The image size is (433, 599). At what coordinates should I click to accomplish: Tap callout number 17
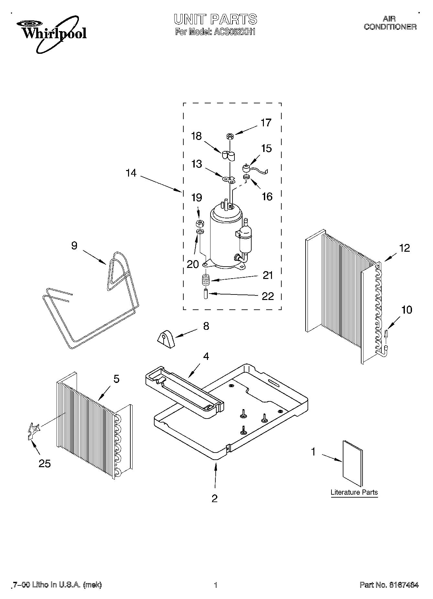pyautogui.click(x=266, y=123)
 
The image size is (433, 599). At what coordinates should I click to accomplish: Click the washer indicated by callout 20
pyautogui.click(x=200, y=232)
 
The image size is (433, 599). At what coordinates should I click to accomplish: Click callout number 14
pyautogui.click(x=131, y=173)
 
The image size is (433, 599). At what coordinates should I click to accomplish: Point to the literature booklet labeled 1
pyautogui.click(x=352, y=463)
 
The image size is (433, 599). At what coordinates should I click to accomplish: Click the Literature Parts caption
pyautogui.click(x=354, y=492)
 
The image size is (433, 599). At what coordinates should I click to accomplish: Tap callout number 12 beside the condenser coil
pyautogui.click(x=405, y=248)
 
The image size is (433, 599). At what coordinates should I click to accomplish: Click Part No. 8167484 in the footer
pyautogui.click(x=389, y=585)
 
